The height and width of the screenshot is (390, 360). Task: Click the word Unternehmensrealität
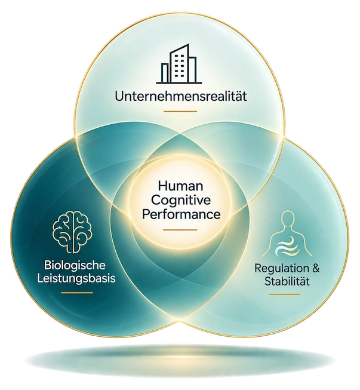pos(181,96)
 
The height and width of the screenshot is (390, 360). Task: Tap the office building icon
pos(179,64)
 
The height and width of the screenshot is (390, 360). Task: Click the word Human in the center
pos(180,186)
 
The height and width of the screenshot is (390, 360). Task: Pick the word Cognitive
pos(181,200)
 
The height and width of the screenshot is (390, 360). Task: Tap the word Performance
pos(181,214)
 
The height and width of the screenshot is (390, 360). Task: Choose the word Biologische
pos(75,265)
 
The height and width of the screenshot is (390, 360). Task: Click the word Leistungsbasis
pos(76,278)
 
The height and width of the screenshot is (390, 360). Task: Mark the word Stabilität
pos(287,281)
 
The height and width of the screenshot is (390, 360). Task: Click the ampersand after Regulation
pos(315,269)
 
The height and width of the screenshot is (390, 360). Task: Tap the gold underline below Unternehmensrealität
pos(180,112)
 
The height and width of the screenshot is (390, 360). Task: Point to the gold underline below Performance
pos(180,230)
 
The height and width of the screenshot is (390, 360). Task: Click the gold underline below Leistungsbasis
pos(77,293)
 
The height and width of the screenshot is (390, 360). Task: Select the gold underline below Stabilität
pos(285,294)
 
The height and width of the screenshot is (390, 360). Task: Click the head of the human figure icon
pos(288,219)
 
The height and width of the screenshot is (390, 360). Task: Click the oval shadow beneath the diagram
pos(180,360)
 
